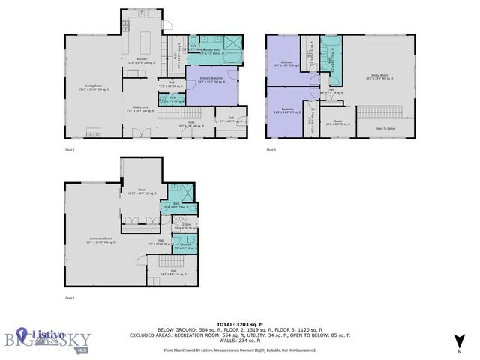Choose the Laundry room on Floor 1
[x=184, y=245]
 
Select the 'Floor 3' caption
[x=271, y=150]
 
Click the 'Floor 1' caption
[x=70, y=298]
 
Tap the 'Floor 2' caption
[x=70, y=150]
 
